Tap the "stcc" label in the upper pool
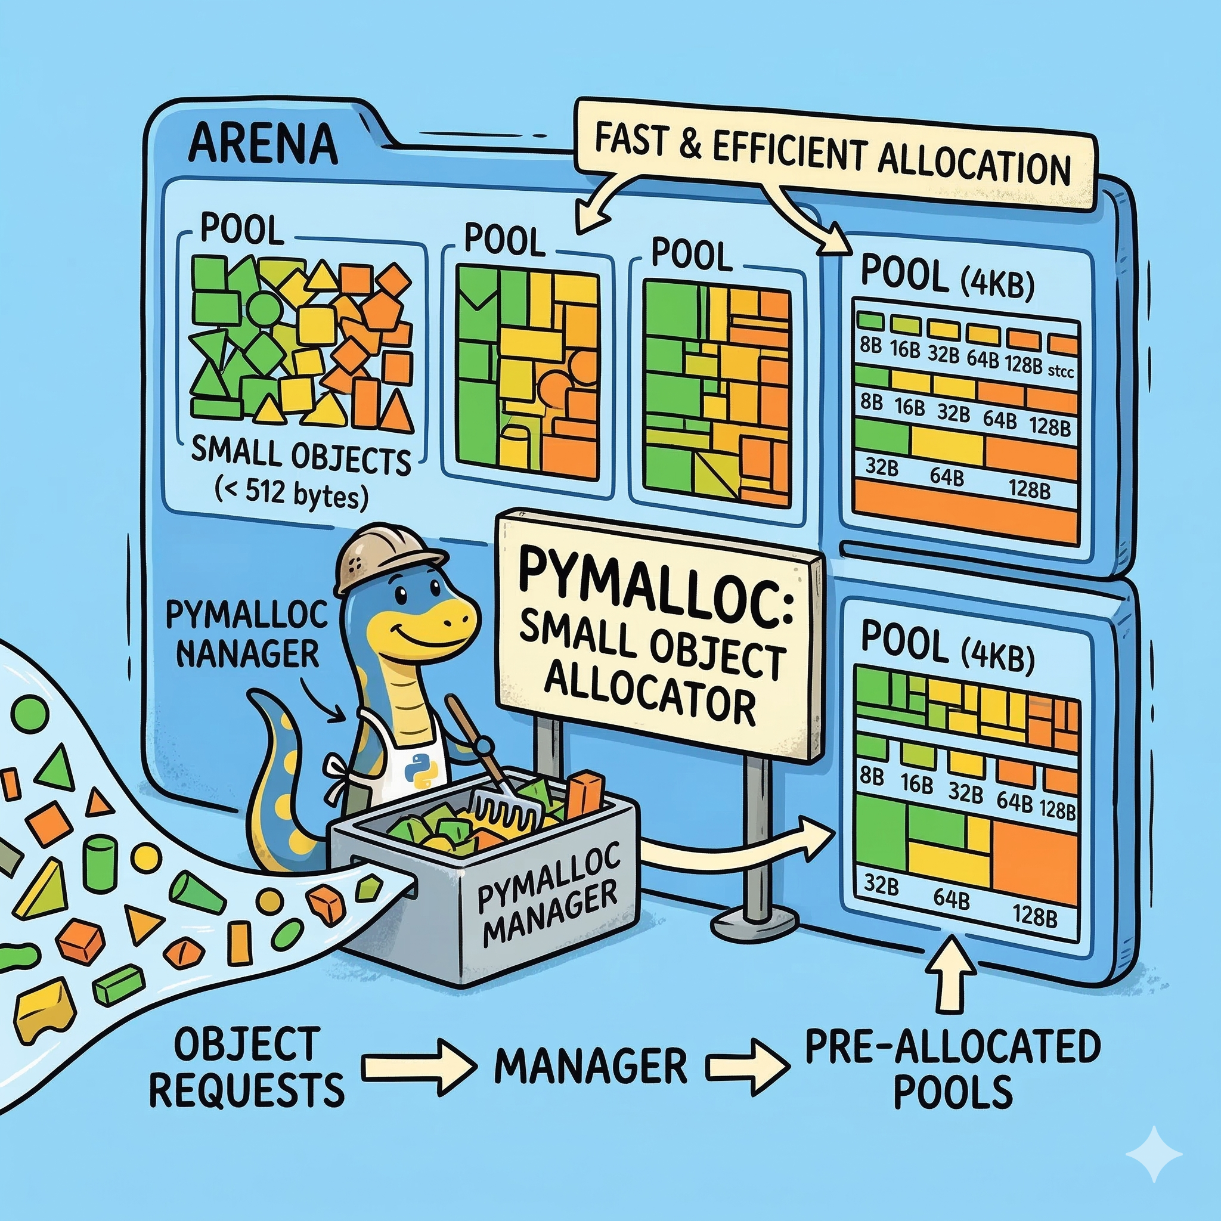point(1061,371)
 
